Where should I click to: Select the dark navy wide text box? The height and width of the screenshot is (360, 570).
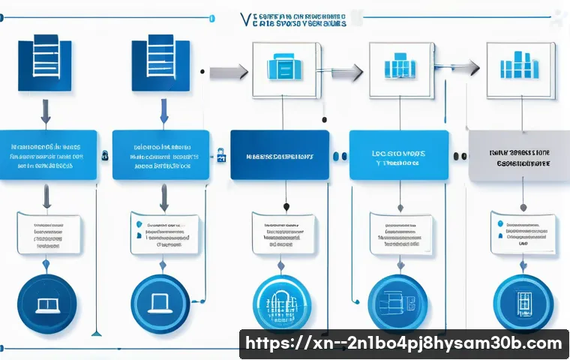(x=280, y=155)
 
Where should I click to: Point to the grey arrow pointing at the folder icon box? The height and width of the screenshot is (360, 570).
(x=229, y=72)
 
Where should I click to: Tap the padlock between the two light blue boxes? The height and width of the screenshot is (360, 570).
(x=105, y=155)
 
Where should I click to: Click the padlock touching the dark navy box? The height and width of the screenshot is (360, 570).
(x=221, y=155)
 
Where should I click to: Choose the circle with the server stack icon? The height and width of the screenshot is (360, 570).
(x=398, y=303)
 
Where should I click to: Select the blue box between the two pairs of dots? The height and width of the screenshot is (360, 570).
(x=399, y=155)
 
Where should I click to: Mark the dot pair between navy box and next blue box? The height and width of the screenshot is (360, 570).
(x=339, y=156)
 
